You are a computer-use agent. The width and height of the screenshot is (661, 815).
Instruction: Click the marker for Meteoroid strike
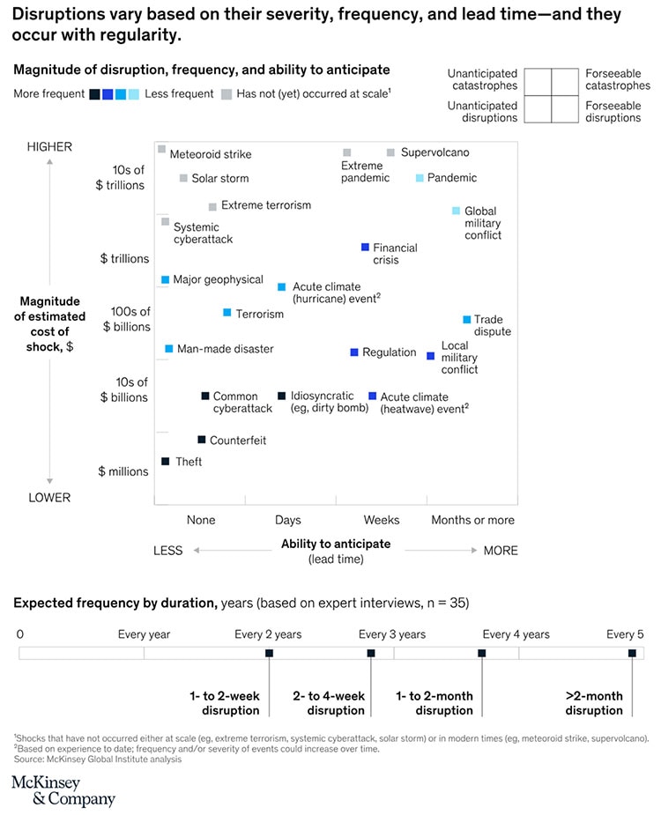[x=162, y=150]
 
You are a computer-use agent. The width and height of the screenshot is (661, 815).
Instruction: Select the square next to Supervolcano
[x=390, y=152]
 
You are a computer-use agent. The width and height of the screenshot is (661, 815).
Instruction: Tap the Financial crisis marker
[x=364, y=248]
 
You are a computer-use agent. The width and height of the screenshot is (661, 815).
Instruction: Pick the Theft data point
[x=165, y=461]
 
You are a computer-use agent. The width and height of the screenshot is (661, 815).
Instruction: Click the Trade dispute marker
[x=467, y=320]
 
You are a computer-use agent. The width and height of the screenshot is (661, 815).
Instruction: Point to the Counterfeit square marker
[x=201, y=440]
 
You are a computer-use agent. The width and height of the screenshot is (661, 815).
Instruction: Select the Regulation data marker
[x=354, y=352]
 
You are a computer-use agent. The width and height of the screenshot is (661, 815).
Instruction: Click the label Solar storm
[x=219, y=178]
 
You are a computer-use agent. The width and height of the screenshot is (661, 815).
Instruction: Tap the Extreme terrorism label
[x=265, y=205]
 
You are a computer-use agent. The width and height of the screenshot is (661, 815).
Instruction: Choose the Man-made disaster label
[x=225, y=349]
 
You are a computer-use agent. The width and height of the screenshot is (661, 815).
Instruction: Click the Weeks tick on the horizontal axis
[x=381, y=520]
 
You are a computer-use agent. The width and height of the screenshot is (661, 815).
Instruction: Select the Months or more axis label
[x=472, y=520]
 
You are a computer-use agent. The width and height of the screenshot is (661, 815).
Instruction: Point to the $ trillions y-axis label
[x=124, y=258]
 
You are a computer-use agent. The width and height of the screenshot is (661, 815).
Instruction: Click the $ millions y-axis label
[x=123, y=471]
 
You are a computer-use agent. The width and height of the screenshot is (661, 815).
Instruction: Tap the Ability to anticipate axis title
[x=335, y=544]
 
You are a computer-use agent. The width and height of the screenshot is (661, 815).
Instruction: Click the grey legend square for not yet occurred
[x=227, y=94]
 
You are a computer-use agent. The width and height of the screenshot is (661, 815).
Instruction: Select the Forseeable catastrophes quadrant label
[x=617, y=79]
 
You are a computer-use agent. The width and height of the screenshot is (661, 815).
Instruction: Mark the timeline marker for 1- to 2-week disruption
[x=269, y=653]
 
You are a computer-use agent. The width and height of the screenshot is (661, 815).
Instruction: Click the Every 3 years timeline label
[x=391, y=634]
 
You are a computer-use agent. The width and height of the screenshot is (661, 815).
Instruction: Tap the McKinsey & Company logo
[x=63, y=791]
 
